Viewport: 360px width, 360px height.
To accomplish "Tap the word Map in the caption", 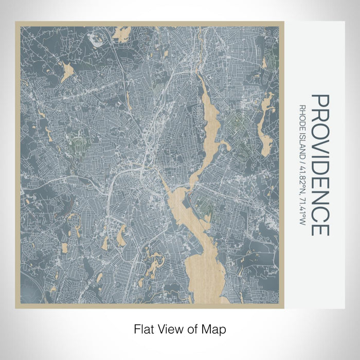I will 215,328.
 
